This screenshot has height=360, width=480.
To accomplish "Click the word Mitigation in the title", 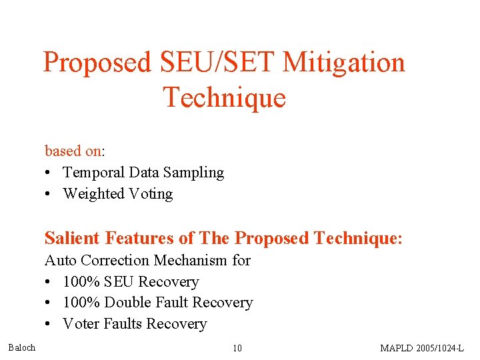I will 343,63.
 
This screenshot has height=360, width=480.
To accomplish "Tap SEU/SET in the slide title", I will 217,63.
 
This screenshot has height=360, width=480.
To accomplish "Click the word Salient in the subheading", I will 69,238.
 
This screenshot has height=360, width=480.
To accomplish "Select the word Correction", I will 112,260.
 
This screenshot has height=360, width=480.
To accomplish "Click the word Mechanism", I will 189,260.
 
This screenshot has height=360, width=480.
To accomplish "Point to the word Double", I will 128,303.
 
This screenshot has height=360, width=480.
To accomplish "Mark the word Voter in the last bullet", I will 81,324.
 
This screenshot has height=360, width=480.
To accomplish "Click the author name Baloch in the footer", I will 22,347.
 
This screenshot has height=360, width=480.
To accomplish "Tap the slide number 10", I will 237,348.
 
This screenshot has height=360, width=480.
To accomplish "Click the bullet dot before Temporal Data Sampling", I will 49,173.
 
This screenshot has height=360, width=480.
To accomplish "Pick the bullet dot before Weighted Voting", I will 49,195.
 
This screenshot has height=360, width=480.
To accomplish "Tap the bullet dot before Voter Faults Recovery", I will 49,325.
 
